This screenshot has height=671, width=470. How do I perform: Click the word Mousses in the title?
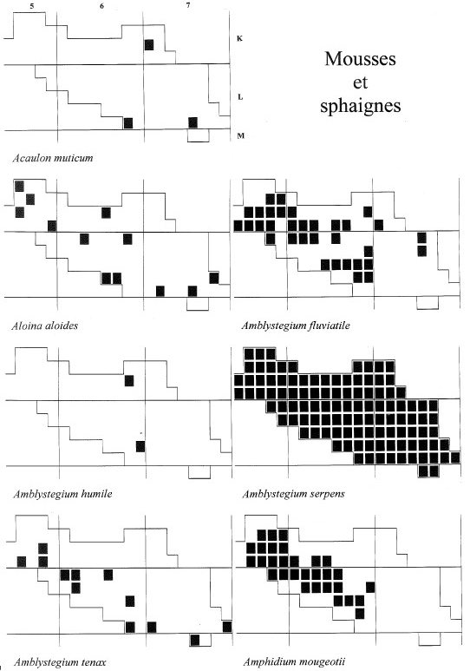(x=360, y=59)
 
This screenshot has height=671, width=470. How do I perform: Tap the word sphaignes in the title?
(x=360, y=106)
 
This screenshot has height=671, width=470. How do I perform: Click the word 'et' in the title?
(x=360, y=82)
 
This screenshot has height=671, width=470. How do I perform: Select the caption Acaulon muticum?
(x=53, y=158)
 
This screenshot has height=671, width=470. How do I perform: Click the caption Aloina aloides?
(x=45, y=326)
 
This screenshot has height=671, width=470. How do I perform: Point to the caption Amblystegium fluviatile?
(x=296, y=326)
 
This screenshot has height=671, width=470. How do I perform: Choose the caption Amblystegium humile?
(x=62, y=494)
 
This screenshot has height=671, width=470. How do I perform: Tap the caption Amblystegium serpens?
(x=293, y=494)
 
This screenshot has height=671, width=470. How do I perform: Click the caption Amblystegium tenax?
(x=60, y=662)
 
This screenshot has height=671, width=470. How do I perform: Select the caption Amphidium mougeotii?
(x=294, y=662)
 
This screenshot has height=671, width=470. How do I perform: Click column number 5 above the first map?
(x=32, y=6)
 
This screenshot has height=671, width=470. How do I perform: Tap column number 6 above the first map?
(x=101, y=6)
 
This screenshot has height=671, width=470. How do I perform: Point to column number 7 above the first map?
(x=188, y=5)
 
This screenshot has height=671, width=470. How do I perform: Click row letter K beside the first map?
(x=239, y=38)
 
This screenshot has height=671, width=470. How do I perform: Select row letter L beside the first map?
(x=240, y=97)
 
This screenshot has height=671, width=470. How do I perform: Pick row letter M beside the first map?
(x=241, y=135)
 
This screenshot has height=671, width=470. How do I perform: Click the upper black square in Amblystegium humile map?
(x=128, y=380)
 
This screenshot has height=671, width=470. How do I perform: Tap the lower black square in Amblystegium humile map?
(x=140, y=446)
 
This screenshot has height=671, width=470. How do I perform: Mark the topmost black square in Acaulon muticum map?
(x=149, y=44)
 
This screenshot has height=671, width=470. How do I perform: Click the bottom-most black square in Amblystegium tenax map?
(x=194, y=641)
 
